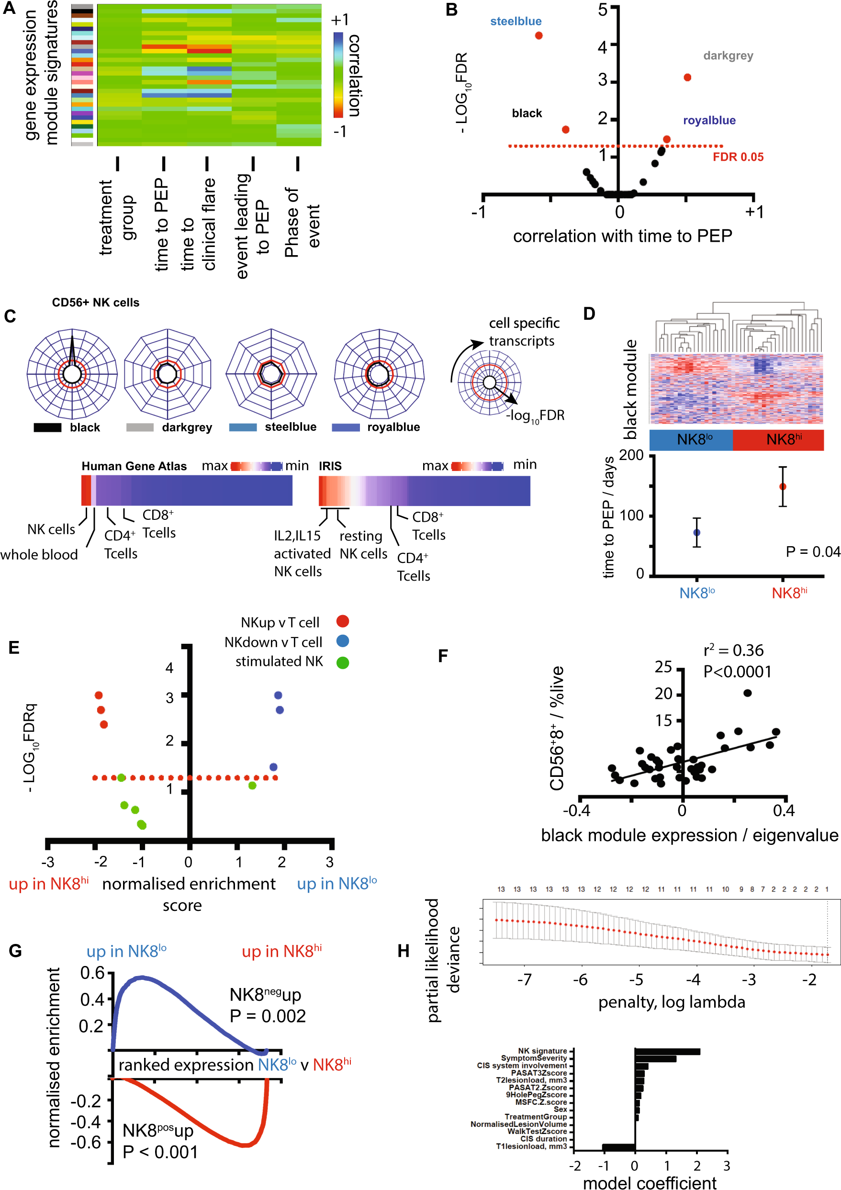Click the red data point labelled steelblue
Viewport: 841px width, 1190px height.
[x=538, y=36]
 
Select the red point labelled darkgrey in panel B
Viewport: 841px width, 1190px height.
[x=687, y=78]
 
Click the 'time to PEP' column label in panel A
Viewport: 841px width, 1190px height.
[x=162, y=225]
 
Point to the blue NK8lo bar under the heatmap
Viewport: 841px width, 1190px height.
[x=691, y=439]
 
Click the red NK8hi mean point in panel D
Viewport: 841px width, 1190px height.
[x=783, y=486]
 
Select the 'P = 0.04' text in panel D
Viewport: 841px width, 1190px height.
[x=812, y=552]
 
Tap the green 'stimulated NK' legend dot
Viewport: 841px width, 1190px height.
[x=343, y=662]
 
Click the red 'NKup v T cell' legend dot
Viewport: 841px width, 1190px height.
[x=343, y=621]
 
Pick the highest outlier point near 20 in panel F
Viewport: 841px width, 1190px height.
[x=747, y=693]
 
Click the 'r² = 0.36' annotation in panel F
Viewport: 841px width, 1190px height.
[x=733, y=651]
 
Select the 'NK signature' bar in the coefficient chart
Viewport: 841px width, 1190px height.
[x=667, y=1052]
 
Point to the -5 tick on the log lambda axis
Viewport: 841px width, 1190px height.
[x=636, y=979]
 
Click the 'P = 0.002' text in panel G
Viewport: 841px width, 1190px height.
[x=268, y=1016]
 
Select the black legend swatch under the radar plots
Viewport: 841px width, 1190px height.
[x=47, y=427]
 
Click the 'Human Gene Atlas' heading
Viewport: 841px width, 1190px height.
[x=134, y=466]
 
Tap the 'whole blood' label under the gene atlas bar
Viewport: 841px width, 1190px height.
[x=39, y=555]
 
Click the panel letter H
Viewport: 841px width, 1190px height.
[x=404, y=951]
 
